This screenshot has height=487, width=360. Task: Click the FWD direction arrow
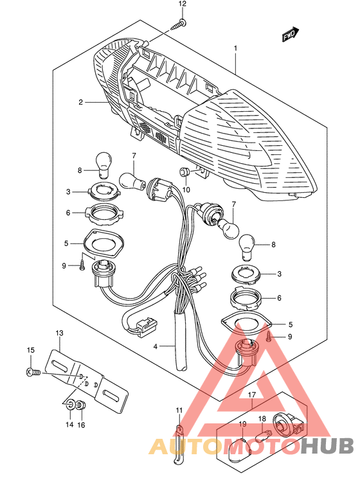click(291, 35)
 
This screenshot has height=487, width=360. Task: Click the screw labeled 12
click(179, 25)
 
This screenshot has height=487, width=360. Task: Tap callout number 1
click(235, 48)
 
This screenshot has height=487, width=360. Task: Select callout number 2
click(80, 102)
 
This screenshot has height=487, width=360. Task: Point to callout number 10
click(186, 190)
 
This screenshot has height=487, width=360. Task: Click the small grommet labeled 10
click(184, 172)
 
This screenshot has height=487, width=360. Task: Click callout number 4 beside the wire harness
click(156, 346)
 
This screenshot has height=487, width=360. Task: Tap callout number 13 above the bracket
click(59, 333)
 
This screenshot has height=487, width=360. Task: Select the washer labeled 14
click(70, 405)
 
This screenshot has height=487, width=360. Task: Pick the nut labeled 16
click(81, 405)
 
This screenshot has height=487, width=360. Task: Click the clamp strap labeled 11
click(177, 445)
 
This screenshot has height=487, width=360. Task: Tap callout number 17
click(251, 394)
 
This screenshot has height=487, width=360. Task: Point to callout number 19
click(242, 423)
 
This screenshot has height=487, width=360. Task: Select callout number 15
click(30, 350)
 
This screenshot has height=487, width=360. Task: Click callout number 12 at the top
click(182, 4)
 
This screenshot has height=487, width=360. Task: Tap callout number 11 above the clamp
click(179, 411)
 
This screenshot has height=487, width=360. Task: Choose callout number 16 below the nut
click(81, 425)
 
